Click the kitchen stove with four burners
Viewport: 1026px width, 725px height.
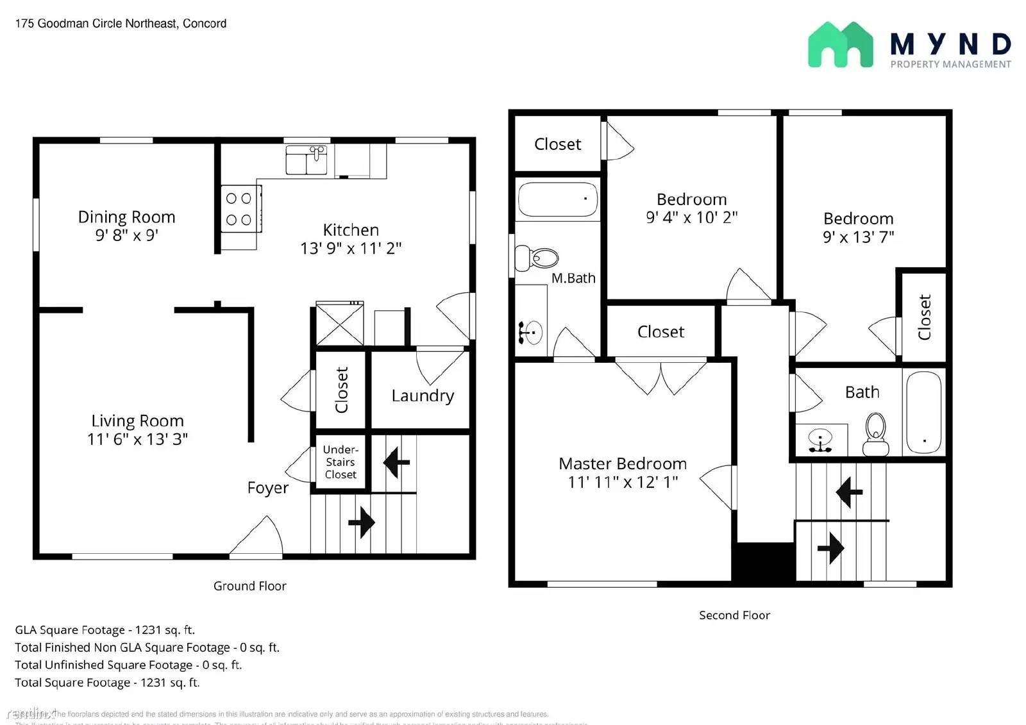coord(239,209)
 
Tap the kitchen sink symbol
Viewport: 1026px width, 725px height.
coord(307,160)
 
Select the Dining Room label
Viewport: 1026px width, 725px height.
coord(126,217)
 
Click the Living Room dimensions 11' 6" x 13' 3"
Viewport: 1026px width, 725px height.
coord(137,439)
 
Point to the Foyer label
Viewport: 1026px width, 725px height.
coord(267,488)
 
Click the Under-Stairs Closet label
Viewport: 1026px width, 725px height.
coord(341,462)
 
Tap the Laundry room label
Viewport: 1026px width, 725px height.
coord(423,396)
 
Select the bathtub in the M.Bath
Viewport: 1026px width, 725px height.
coord(557,199)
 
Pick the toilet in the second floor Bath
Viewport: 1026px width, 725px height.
coord(875,434)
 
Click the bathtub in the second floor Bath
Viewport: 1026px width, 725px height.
coord(924,412)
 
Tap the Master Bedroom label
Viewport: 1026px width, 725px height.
coord(622,463)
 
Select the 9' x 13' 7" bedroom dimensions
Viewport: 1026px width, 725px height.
coord(858,237)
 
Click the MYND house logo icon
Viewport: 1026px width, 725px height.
coord(840,45)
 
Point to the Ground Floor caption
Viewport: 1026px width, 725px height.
coord(249,586)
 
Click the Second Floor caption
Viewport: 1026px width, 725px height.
coord(734,615)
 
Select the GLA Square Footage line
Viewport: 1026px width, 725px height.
coord(105,630)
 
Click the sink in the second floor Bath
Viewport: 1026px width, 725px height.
coord(820,440)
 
